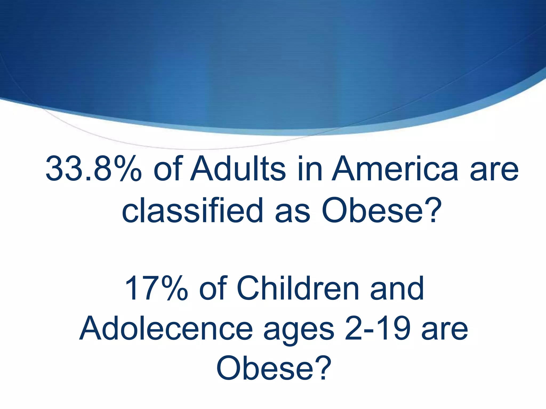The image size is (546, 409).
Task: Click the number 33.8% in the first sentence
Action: [93, 169]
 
